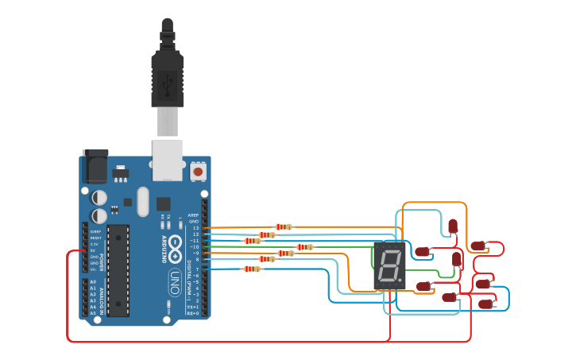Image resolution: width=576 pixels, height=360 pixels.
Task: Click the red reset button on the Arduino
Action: pyautogui.click(x=197, y=170)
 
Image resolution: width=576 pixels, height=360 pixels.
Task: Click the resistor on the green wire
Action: pyautogui.click(x=304, y=247)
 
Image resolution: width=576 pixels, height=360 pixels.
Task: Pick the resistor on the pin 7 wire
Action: pyautogui.click(x=252, y=269)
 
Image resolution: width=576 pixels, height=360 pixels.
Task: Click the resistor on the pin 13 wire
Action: pyautogui.click(x=284, y=227)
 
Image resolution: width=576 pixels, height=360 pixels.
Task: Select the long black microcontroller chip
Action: pyautogui.click(x=118, y=270)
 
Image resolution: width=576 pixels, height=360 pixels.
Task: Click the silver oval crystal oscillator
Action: pyautogui.click(x=143, y=201)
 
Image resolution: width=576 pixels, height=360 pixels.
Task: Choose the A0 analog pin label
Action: pyautogui.click(x=93, y=282)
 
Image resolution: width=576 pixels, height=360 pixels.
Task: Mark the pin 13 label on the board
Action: pyautogui.click(x=195, y=228)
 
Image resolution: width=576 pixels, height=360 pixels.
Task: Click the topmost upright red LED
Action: pyautogui.click(x=452, y=226)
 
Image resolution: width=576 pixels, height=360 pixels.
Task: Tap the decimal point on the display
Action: pyautogui.click(x=402, y=282)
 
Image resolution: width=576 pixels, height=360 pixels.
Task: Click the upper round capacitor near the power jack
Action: pyautogui.click(x=99, y=196)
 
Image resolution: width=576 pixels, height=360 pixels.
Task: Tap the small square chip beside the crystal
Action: pyautogui.click(x=164, y=203)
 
